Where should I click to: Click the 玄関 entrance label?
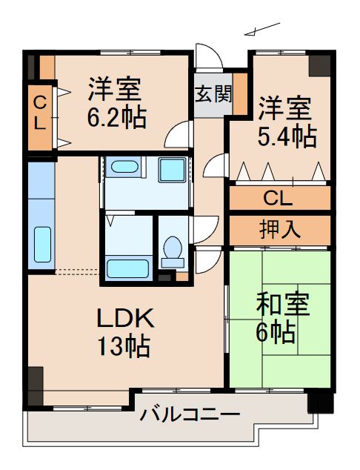[213, 94]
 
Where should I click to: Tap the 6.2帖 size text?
[116, 116]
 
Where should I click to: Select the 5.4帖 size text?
[287, 136]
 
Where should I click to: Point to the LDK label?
[126, 320]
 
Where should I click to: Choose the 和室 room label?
[282, 305]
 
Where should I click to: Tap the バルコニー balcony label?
[190, 414]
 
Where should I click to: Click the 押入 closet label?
[279, 229]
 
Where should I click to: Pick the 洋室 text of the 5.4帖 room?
[284, 108]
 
